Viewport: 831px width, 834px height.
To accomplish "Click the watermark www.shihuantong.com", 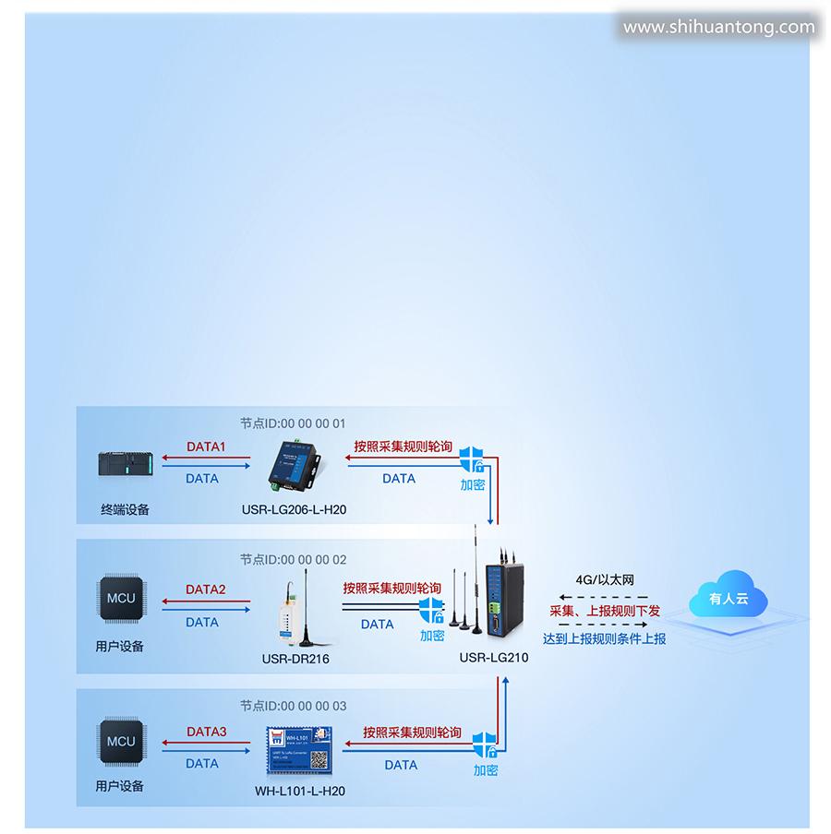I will (x=718, y=27).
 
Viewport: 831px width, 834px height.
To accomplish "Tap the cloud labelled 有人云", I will (x=729, y=599).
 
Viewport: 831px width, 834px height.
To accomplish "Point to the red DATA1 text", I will (x=206, y=447).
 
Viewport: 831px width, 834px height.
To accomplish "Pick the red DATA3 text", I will (x=206, y=732).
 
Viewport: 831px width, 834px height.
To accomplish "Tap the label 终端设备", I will (x=125, y=508).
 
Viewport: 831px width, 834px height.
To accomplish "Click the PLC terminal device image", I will (x=126, y=464).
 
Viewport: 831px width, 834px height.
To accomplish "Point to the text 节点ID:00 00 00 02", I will (x=293, y=559).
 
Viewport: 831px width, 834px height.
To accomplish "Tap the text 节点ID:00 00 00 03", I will (x=293, y=706).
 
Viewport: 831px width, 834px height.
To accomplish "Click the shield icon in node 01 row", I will (x=473, y=459).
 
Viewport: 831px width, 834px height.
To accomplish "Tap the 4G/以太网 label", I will (x=605, y=580).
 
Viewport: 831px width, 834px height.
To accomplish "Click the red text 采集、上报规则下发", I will (x=605, y=610).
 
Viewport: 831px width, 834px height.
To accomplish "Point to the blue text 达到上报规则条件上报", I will (x=604, y=638).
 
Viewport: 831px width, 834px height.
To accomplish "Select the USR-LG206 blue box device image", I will (x=295, y=463).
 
